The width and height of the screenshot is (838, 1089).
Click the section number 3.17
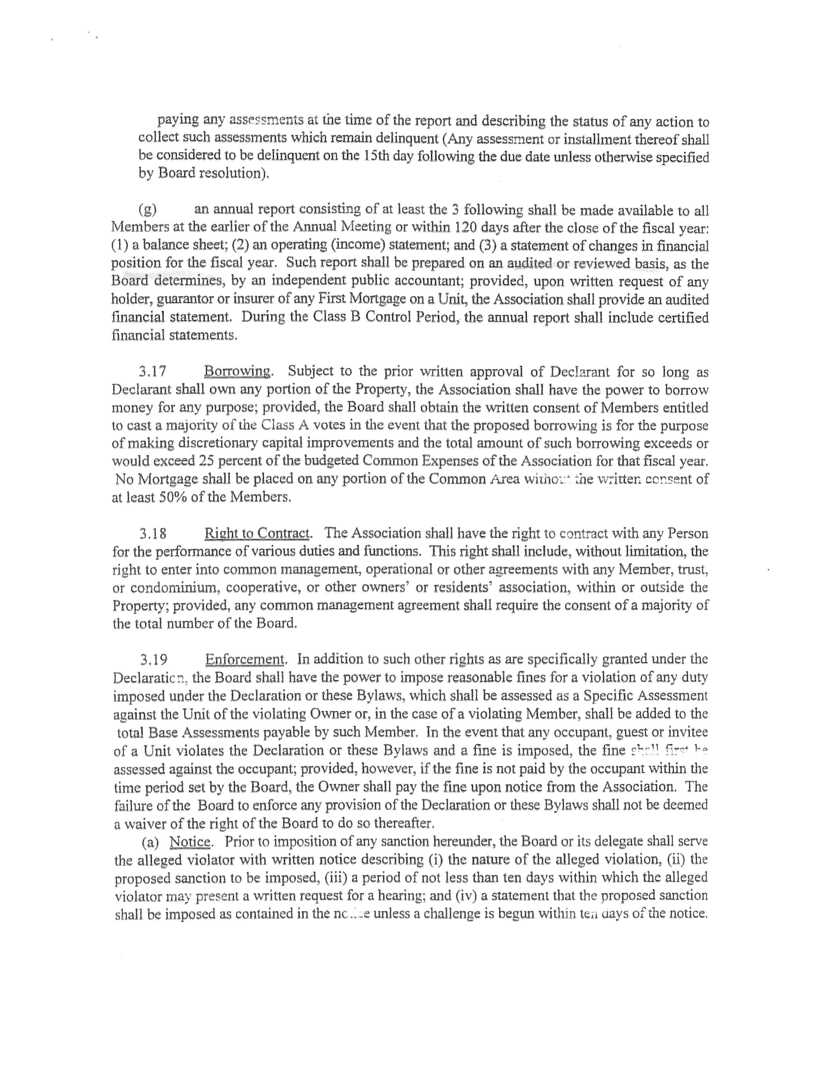tap(152, 372)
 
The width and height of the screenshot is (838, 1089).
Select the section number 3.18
tap(152, 534)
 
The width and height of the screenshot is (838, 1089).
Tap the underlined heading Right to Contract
tap(257, 533)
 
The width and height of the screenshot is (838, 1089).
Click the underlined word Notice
tap(190, 842)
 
